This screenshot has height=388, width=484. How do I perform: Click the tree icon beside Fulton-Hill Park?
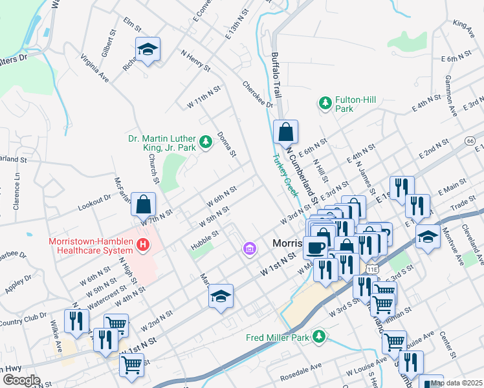(x=325, y=103)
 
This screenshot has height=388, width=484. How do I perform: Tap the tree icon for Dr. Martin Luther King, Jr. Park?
(x=206, y=142)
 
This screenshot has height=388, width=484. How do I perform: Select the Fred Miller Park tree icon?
(x=318, y=337)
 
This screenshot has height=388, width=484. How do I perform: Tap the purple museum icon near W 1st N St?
(x=249, y=248)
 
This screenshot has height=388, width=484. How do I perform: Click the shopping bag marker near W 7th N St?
(x=143, y=204)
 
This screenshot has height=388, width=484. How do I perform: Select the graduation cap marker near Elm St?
(x=148, y=49)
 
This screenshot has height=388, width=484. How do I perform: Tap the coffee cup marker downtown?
(x=315, y=247)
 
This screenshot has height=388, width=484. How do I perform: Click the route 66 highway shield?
(x=470, y=140)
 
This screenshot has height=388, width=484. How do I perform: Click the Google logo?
(x=21, y=380)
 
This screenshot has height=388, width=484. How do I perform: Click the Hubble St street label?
(x=206, y=242)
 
